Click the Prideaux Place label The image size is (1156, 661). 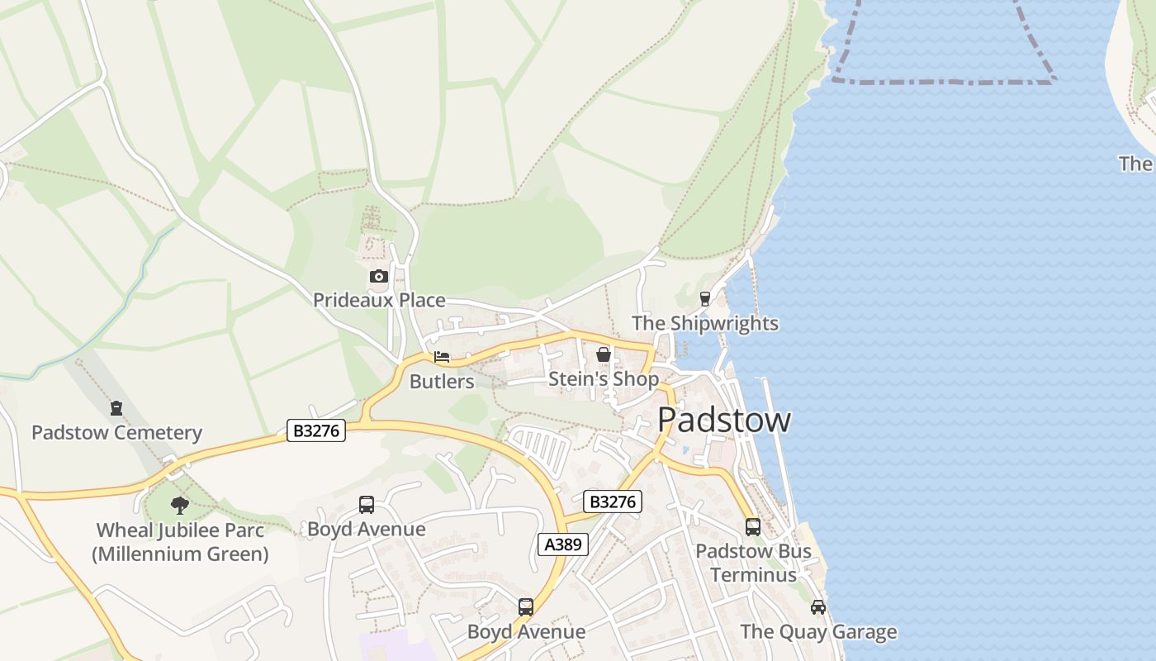pyautogui.click(x=379, y=300)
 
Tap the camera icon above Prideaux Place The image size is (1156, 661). pyautogui.click(x=379, y=276)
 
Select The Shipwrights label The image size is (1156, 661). pyautogui.click(x=705, y=323)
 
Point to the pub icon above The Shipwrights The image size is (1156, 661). pyautogui.click(x=705, y=299)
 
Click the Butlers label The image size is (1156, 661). pyautogui.click(x=442, y=381)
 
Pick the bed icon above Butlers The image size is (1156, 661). pyautogui.click(x=442, y=357)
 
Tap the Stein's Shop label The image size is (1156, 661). pyautogui.click(x=604, y=379)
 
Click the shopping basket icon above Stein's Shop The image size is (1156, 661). pyautogui.click(x=604, y=355)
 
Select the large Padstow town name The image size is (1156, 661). pyautogui.click(x=724, y=420)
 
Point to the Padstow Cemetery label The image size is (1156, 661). pyautogui.click(x=116, y=432)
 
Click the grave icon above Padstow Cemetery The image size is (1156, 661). pyautogui.click(x=116, y=408)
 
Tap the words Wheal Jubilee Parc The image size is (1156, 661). pyautogui.click(x=180, y=530)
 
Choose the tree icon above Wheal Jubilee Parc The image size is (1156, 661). pyautogui.click(x=180, y=506)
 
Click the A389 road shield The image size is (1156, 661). pyautogui.click(x=563, y=544)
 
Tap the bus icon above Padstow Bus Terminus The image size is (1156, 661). pyautogui.click(x=752, y=527)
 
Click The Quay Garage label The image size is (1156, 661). pyautogui.click(x=818, y=632)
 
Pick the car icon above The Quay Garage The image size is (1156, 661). pyautogui.click(x=818, y=607)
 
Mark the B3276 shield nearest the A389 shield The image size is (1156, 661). pyautogui.click(x=613, y=501)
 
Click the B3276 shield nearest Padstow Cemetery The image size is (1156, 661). pyautogui.click(x=316, y=430)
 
